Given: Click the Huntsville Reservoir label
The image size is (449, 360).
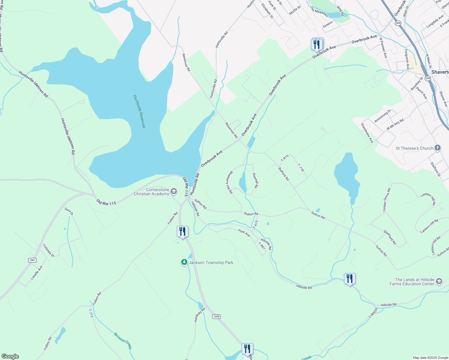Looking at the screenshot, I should (139, 111).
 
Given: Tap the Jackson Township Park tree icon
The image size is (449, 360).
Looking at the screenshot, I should (184, 262).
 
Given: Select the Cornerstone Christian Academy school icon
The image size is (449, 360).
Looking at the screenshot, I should (173, 191).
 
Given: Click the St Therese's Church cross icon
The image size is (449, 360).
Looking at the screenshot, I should (438, 148).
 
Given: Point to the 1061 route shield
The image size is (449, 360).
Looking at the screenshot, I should (32, 260).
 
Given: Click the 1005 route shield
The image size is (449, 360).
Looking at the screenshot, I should (216, 316).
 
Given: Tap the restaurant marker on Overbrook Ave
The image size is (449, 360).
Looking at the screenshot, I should (317, 45).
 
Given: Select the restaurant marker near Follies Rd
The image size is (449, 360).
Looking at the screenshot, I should (182, 232).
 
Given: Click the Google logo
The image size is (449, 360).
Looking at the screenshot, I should (10, 356).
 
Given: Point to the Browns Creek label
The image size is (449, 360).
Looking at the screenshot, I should (122, 340).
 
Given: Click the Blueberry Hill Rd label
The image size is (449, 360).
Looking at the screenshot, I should (229, 182).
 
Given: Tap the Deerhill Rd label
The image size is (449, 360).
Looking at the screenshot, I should (255, 180).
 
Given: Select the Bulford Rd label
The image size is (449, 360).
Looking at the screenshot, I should (284, 174).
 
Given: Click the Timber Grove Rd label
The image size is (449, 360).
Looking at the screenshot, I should (387, 200).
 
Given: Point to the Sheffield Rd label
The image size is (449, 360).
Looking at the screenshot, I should (390, 237).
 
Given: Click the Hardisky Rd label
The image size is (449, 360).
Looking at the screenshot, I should (200, 315).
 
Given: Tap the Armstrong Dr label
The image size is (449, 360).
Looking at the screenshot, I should (383, 116).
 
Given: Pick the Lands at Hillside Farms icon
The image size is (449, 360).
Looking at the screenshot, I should (439, 281).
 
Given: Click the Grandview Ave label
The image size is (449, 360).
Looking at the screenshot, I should (367, 133).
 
